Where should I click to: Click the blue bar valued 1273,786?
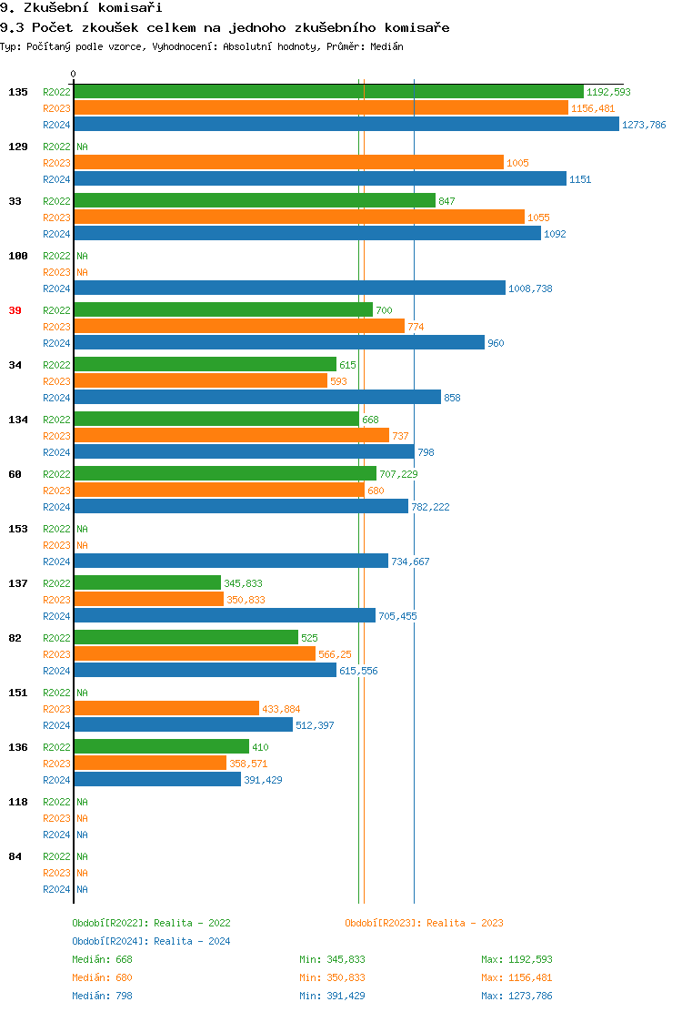click(x=346, y=125)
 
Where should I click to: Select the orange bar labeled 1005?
click(x=288, y=162)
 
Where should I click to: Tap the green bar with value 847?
click(x=255, y=200)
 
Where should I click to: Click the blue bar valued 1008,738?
click(x=289, y=288)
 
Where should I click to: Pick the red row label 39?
click(x=15, y=310)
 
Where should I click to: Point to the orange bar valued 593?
click(x=200, y=380)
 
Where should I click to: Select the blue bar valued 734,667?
click(x=231, y=561)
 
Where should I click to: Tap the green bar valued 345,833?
click(x=147, y=582)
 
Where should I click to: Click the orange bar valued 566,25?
click(x=195, y=653)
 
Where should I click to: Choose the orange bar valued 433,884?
click(x=166, y=708)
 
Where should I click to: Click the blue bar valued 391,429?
click(x=157, y=779)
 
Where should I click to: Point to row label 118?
click(x=18, y=802)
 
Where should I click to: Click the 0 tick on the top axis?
click(x=74, y=75)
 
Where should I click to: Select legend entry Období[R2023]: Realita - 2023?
click(x=424, y=923)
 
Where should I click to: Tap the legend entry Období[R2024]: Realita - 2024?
click(x=151, y=941)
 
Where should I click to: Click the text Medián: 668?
click(x=103, y=959)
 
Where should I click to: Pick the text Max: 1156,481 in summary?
click(x=517, y=977)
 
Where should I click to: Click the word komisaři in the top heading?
click(x=119, y=8)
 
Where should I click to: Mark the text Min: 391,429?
click(x=332, y=996)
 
